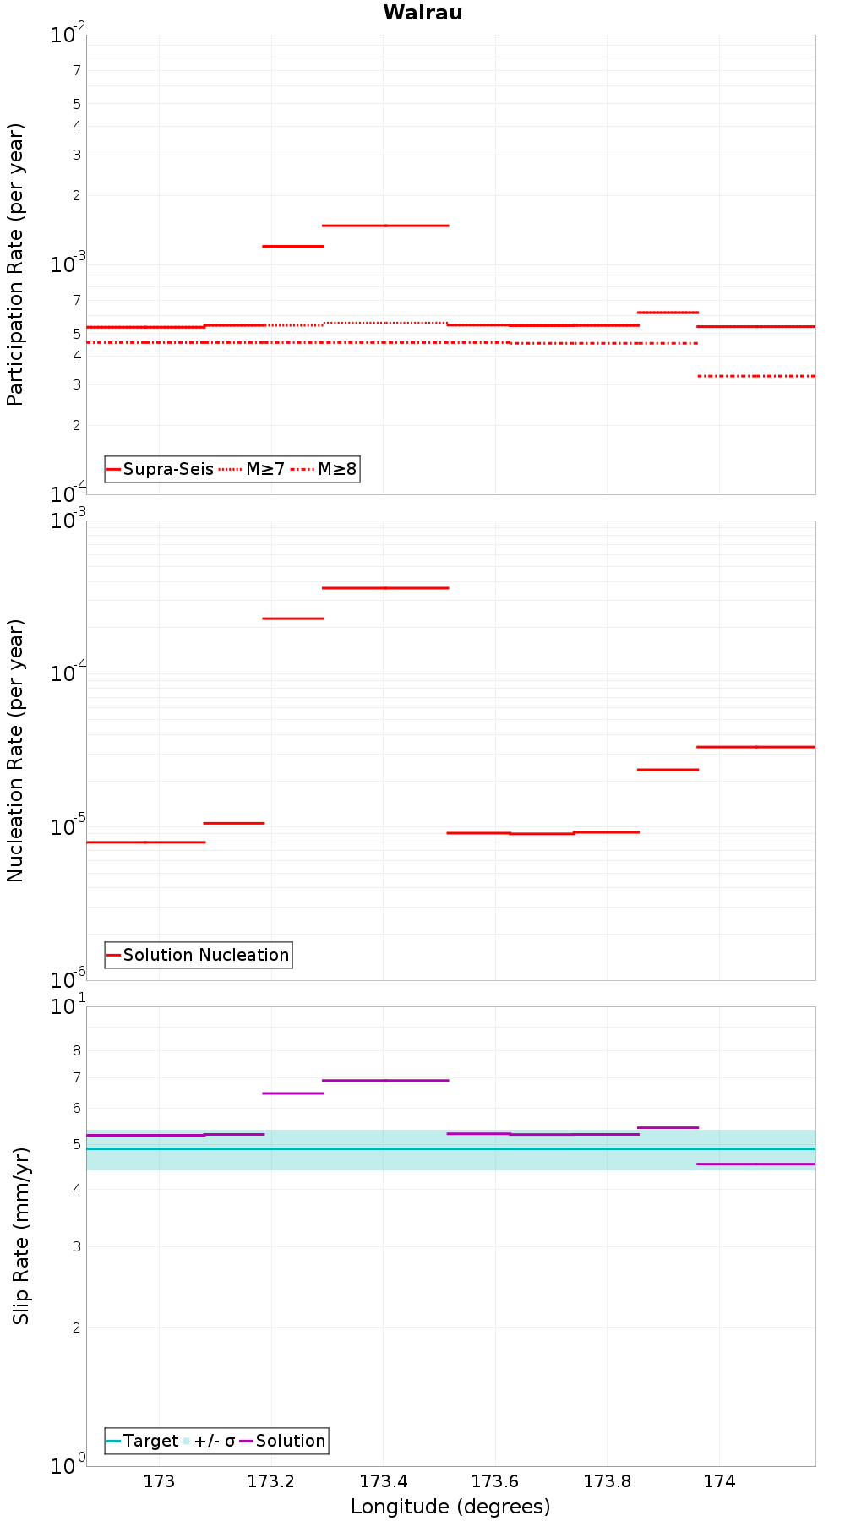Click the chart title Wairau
click(422, 13)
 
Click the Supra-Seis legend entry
click(161, 469)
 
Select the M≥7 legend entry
click(252, 469)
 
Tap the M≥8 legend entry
click(324, 469)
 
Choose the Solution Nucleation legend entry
click(199, 955)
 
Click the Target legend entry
click(143, 1441)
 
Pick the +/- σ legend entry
click(209, 1441)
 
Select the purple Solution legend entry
click(283, 1441)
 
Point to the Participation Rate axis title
click(15, 264)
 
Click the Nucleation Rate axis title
click(15, 751)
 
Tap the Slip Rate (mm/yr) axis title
click(20, 1236)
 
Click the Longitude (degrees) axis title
click(450, 1507)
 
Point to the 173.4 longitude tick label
click(383, 1481)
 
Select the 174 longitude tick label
click(719, 1481)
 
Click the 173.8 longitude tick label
click(607, 1481)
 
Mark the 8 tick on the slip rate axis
click(77, 1051)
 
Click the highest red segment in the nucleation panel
click(385, 587)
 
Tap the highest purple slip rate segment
click(385, 1080)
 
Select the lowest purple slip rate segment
click(756, 1164)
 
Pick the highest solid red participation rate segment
click(385, 226)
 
